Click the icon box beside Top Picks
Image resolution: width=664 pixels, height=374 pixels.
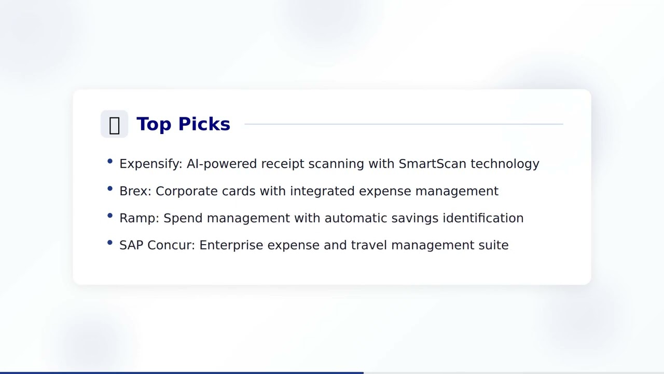click(114, 125)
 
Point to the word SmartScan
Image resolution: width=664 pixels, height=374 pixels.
click(432, 164)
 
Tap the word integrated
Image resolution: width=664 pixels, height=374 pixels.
click(322, 192)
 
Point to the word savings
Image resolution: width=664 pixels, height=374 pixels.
click(414, 219)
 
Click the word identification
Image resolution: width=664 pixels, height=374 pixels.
click(483, 218)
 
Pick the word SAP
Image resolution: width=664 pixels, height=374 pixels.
click(131, 245)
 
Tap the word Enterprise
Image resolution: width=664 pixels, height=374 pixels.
click(231, 246)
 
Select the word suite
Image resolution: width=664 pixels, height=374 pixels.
click(493, 245)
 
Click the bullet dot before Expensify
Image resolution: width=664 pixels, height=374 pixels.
click(110, 162)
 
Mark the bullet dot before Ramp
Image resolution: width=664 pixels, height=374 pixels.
click(110, 216)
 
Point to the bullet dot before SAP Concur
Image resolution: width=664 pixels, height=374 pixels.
click(110, 243)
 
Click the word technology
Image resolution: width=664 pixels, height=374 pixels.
click(505, 164)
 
